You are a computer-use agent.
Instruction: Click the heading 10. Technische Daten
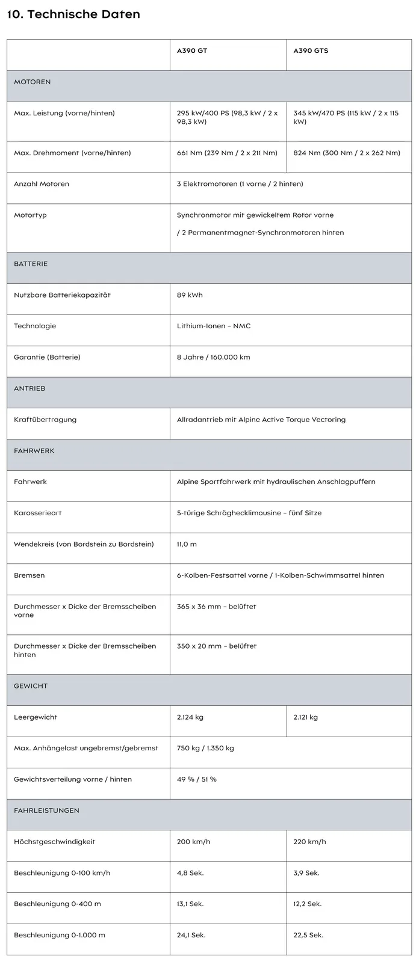point(73,14)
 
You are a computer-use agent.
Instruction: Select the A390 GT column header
point(191,51)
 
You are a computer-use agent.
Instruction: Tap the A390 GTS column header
point(311,51)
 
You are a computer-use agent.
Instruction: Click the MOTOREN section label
point(33,82)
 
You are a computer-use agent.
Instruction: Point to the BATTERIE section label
point(31,264)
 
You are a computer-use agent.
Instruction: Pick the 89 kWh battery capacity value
point(190,295)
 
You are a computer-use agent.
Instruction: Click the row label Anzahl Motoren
point(42,184)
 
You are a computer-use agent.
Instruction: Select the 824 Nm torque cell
point(346,153)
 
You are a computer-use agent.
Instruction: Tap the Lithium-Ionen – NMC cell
point(214,326)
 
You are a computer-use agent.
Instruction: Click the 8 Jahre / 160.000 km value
point(213,357)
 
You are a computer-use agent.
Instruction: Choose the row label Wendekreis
point(84,544)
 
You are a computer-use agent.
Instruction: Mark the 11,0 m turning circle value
point(187,544)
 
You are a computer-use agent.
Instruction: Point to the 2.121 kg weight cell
point(305,717)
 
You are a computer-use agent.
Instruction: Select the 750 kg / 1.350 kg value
point(205,749)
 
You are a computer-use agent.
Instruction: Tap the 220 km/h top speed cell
point(309,842)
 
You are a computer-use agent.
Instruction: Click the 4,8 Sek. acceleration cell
point(190,873)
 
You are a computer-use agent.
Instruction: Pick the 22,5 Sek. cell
point(308,935)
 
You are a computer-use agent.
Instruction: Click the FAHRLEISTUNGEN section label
point(46,810)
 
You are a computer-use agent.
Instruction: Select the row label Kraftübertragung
point(45,420)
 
